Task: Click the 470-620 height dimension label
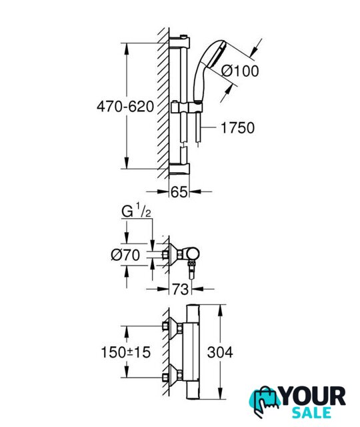click(x=125, y=107)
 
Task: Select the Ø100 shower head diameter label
click(x=239, y=71)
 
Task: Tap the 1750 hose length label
click(x=237, y=127)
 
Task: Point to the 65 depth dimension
click(x=179, y=191)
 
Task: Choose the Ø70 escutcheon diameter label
click(x=125, y=255)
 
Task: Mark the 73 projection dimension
click(x=181, y=289)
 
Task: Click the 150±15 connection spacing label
click(x=126, y=352)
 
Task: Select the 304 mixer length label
click(x=220, y=352)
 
